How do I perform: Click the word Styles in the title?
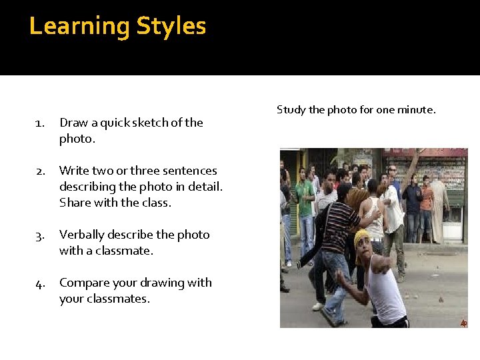click(171, 27)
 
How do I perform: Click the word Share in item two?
click(74, 203)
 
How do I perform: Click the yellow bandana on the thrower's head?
click(361, 237)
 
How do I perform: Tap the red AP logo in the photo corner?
click(463, 323)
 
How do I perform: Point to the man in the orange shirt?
click(427, 200)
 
